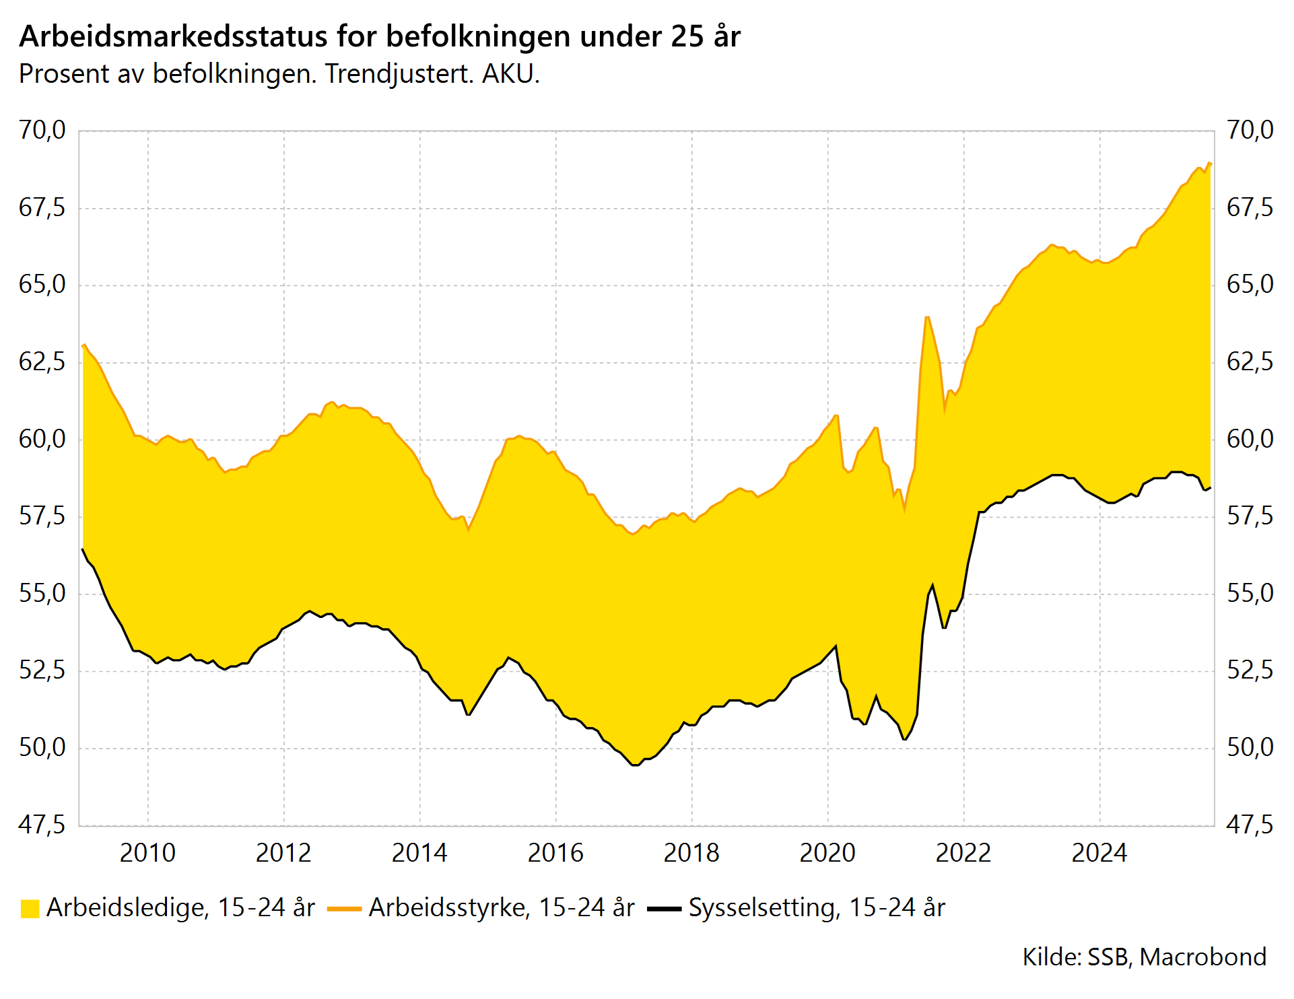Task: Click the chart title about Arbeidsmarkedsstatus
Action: (x=380, y=36)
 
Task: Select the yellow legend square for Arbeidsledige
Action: (x=30, y=909)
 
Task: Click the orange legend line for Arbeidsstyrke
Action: (x=344, y=909)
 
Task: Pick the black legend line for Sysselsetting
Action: (x=664, y=909)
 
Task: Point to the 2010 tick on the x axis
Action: (x=147, y=853)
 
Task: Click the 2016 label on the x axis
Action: (x=555, y=853)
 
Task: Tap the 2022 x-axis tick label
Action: (x=963, y=853)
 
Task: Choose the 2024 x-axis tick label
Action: (x=1099, y=853)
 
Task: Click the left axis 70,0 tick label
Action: (x=42, y=130)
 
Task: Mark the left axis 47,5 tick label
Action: (x=42, y=825)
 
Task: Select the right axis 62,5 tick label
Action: (x=1250, y=362)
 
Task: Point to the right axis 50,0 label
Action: (x=1250, y=747)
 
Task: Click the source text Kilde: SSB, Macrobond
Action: (x=1144, y=957)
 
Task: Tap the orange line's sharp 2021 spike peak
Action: (x=927, y=316)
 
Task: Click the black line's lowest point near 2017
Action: (x=635, y=765)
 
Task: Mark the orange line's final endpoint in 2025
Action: (x=1210, y=163)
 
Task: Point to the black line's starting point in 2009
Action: (x=83, y=549)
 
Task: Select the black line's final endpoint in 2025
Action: (x=1210, y=488)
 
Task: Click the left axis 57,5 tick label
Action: (x=42, y=516)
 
